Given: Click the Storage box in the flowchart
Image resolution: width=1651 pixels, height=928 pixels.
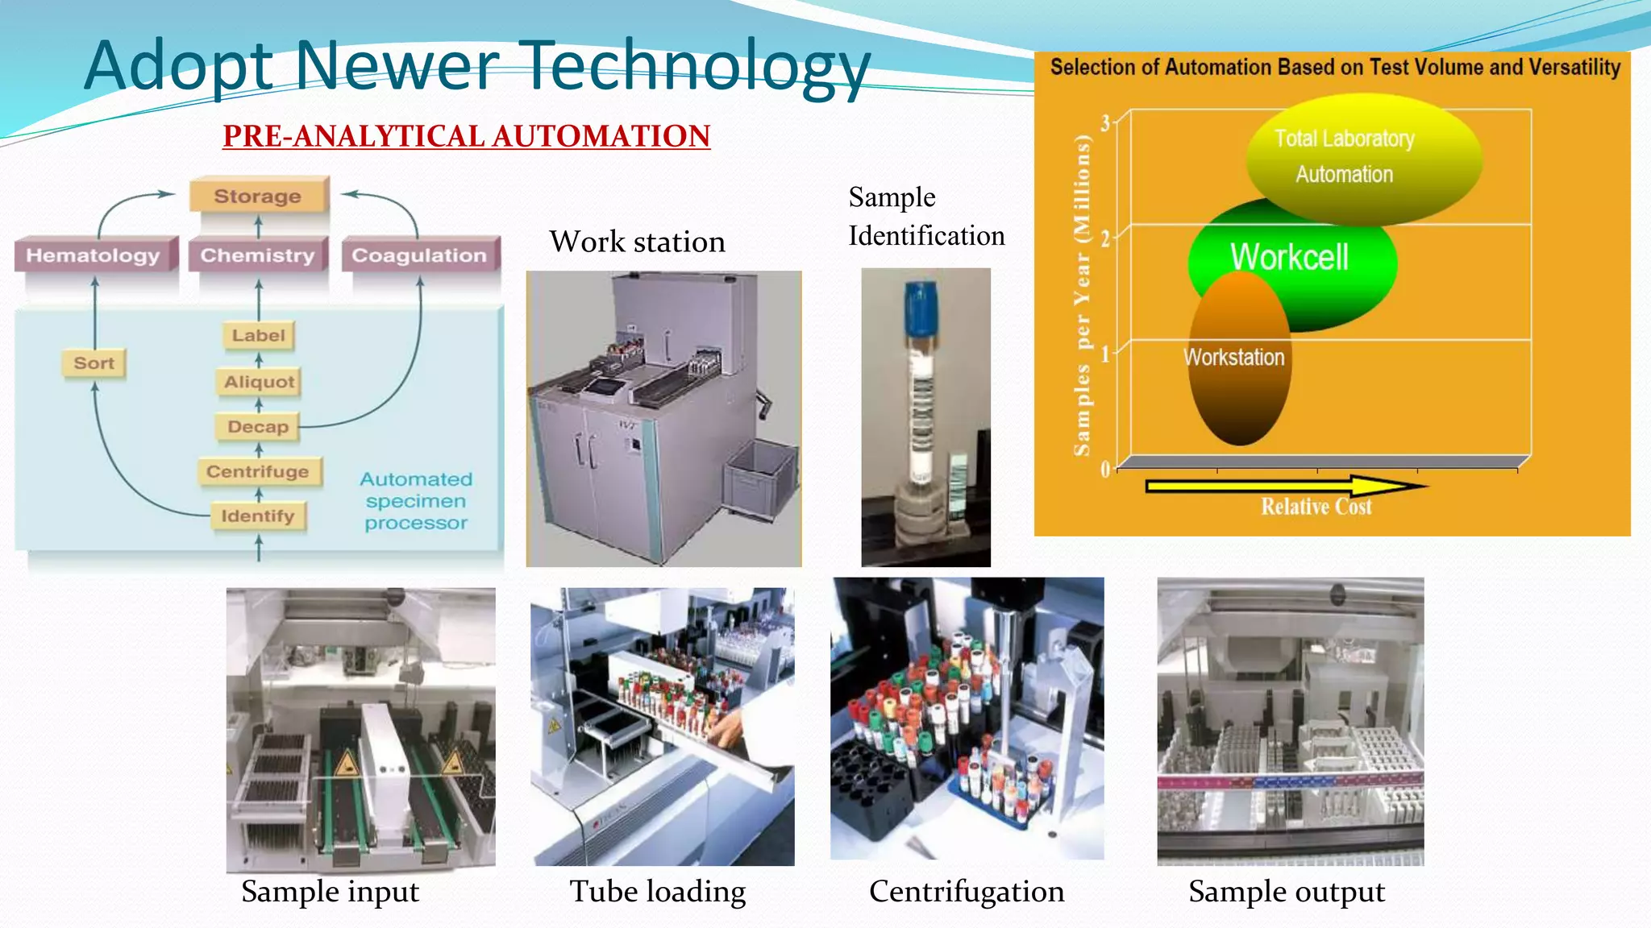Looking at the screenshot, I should pyautogui.click(x=258, y=196).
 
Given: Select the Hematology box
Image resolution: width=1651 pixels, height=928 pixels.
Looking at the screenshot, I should pyautogui.click(x=94, y=255).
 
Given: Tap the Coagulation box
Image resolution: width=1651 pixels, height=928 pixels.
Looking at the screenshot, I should pyautogui.click(x=419, y=255).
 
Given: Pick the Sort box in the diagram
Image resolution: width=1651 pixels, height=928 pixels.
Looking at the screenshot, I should pyautogui.click(x=94, y=363).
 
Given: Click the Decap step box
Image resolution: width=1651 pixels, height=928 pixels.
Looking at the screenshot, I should pyautogui.click(x=258, y=427).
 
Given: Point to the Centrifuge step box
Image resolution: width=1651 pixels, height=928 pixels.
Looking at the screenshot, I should pyautogui.click(x=258, y=471).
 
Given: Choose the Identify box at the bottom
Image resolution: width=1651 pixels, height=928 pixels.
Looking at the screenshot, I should pyautogui.click(x=258, y=516).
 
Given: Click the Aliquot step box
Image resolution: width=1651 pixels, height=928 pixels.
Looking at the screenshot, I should pyautogui.click(x=259, y=382).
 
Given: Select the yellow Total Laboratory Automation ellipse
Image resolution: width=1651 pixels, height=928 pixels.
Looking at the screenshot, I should pyautogui.click(x=1362, y=157).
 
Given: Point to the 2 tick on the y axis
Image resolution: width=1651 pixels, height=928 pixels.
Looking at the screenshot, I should pyautogui.click(x=1105, y=238).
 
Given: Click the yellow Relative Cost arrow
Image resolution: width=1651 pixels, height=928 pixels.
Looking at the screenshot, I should pyautogui.click(x=1282, y=487).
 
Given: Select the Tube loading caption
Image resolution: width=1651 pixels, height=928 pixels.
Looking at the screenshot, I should pyautogui.click(x=658, y=892).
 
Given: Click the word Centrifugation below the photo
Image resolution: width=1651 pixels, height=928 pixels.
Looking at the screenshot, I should pyautogui.click(x=967, y=892).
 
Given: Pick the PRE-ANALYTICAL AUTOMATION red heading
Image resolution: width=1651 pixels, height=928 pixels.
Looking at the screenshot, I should pyautogui.click(x=466, y=136).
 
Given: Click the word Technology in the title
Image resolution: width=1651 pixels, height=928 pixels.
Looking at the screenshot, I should pyautogui.click(x=697, y=66).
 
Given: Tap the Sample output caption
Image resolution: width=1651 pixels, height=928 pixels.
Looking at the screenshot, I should pyautogui.click(x=1287, y=892).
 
